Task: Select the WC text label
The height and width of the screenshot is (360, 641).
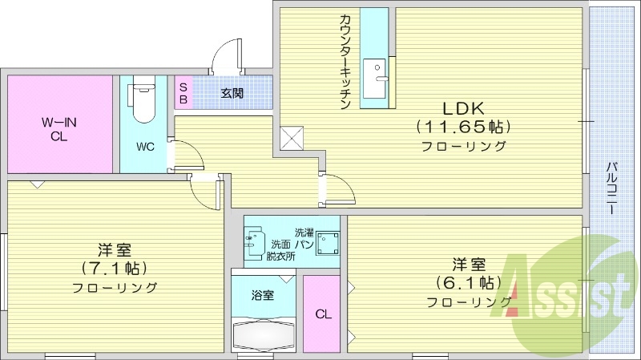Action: (145, 147)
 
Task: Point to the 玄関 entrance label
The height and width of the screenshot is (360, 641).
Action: (232, 93)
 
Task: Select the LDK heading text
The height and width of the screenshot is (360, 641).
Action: (462, 108)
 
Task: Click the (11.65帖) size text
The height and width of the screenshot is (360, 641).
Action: (462, 127)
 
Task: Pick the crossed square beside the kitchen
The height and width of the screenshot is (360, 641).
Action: (292, 139)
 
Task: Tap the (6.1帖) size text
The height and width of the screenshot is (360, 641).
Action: (469, 282)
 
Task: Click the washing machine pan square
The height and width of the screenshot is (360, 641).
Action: (327, 241)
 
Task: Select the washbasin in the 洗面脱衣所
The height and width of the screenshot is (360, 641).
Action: (256, 241)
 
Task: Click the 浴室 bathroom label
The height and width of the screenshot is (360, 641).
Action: (263, 294)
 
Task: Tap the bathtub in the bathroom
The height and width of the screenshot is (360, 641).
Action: (264, 332)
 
